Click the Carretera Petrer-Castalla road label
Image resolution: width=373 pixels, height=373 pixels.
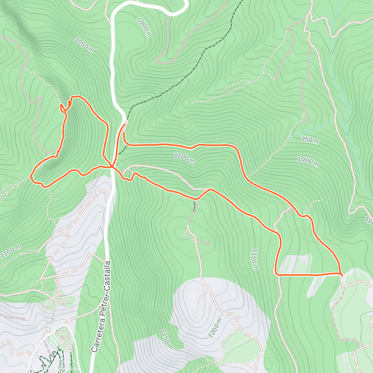coord(101,306)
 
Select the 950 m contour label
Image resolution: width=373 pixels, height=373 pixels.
coord(310,140)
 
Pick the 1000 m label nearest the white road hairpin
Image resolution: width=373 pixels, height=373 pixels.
coord(144,27)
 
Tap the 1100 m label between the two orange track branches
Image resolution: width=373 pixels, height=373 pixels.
coord(184,158)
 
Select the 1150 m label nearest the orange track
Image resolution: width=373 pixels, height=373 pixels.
coord(255,259)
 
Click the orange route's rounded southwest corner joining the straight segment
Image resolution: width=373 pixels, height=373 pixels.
coord(276,274)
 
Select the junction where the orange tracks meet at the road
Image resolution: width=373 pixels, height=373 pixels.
coord(112,167)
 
